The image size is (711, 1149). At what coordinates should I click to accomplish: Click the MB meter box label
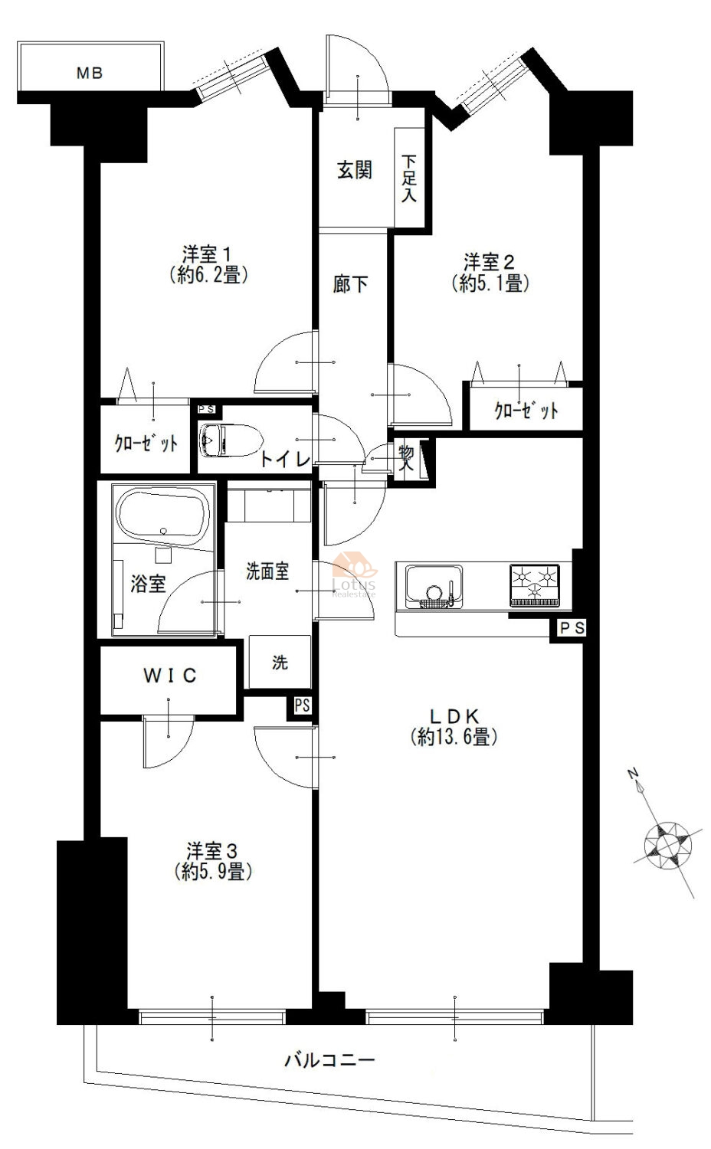pyautogui.click(x=90, y=74)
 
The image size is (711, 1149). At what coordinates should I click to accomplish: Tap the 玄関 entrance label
pyautogui.click(x=355, y=170)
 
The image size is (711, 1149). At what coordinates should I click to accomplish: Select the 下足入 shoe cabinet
pyautogui.click(x=409, y=177)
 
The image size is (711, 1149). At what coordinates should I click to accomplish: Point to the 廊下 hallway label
pyautogui.click(x=350, y=283)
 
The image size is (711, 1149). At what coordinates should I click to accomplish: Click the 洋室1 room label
pyautogui.click(x=207, y=254)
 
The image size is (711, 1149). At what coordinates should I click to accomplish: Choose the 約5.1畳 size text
pyautogui.click(x=490, y=283)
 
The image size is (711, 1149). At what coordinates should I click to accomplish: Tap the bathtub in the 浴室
pyautogui.click(x=163, y=519)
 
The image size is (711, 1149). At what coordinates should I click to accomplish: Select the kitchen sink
pyautogui.click(x=434, y=586)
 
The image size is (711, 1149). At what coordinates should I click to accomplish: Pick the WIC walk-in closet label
pyautogui.click(x=170, y=676)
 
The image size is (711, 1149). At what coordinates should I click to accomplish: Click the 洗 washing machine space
pyautogui.click(x=280, y=663)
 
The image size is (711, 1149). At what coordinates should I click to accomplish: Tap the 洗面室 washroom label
pyautogui.click(x=267, y=571)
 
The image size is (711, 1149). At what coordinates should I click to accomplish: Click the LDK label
pyautogui.click(x=454, y=715)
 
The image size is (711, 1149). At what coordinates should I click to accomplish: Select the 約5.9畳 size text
pyautogui.click(x=213, y=871)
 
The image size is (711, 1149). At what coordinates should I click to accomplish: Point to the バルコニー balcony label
pyautogui.click(x=330, y=1059)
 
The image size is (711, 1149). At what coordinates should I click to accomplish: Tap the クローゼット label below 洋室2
pyautogui.click(x=526, y=411)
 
